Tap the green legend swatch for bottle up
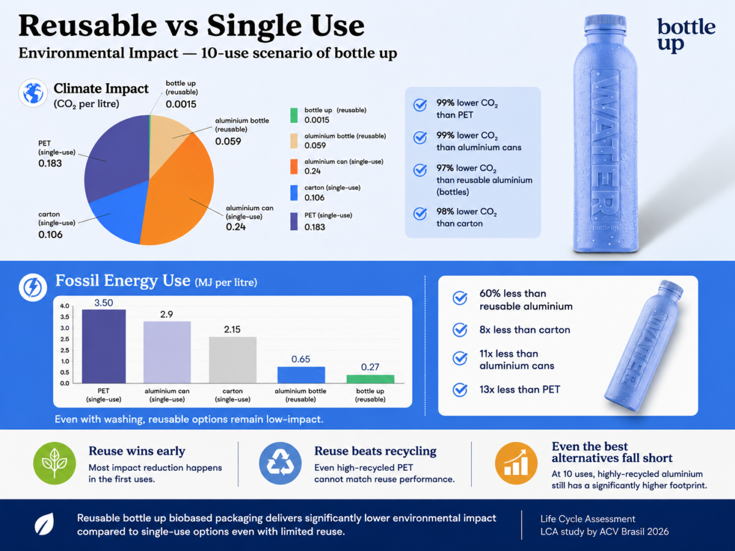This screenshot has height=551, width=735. point(293,116)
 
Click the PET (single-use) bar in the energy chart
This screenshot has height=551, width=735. point(104,347)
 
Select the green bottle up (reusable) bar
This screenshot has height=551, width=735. point(371,379)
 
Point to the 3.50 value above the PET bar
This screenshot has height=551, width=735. point(104,303)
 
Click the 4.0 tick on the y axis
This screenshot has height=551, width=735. point(65,305)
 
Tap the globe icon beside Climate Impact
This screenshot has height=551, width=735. point(33,93)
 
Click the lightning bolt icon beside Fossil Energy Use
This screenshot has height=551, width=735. point(33,287)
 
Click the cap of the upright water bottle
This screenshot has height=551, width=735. point(605,23)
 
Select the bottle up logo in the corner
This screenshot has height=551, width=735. point(686,35)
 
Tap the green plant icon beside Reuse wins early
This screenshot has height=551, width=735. point(55,463)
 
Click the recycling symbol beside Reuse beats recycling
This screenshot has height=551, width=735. point(281,463)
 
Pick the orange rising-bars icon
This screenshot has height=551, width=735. point(516,463)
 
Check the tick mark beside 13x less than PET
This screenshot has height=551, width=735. point(460,390)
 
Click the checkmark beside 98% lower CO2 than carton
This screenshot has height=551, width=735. point(420,214)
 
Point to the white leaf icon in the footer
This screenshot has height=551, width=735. point(44,524)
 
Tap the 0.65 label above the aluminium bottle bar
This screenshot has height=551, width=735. point(301,359)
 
